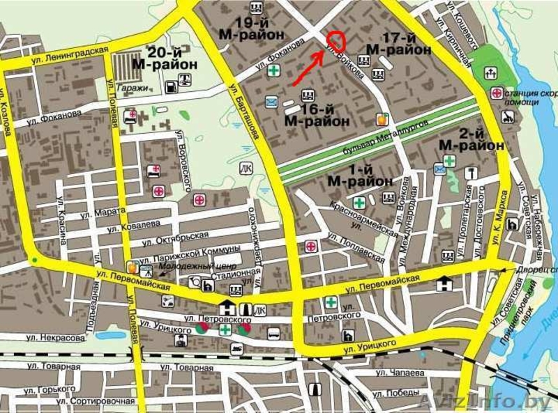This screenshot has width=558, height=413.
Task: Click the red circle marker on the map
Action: pyautogui.click(x=336, y=42)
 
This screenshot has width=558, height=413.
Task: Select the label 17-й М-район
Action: pyautogui.click(x=399, y=44)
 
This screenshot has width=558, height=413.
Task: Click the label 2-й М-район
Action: pyautogui.click(x=472, y=139)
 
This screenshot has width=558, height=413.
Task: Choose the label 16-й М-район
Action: pyautogui.click(x=317, y=114)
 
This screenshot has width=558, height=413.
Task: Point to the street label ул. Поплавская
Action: pyautogui.click(x=356, y=248)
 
